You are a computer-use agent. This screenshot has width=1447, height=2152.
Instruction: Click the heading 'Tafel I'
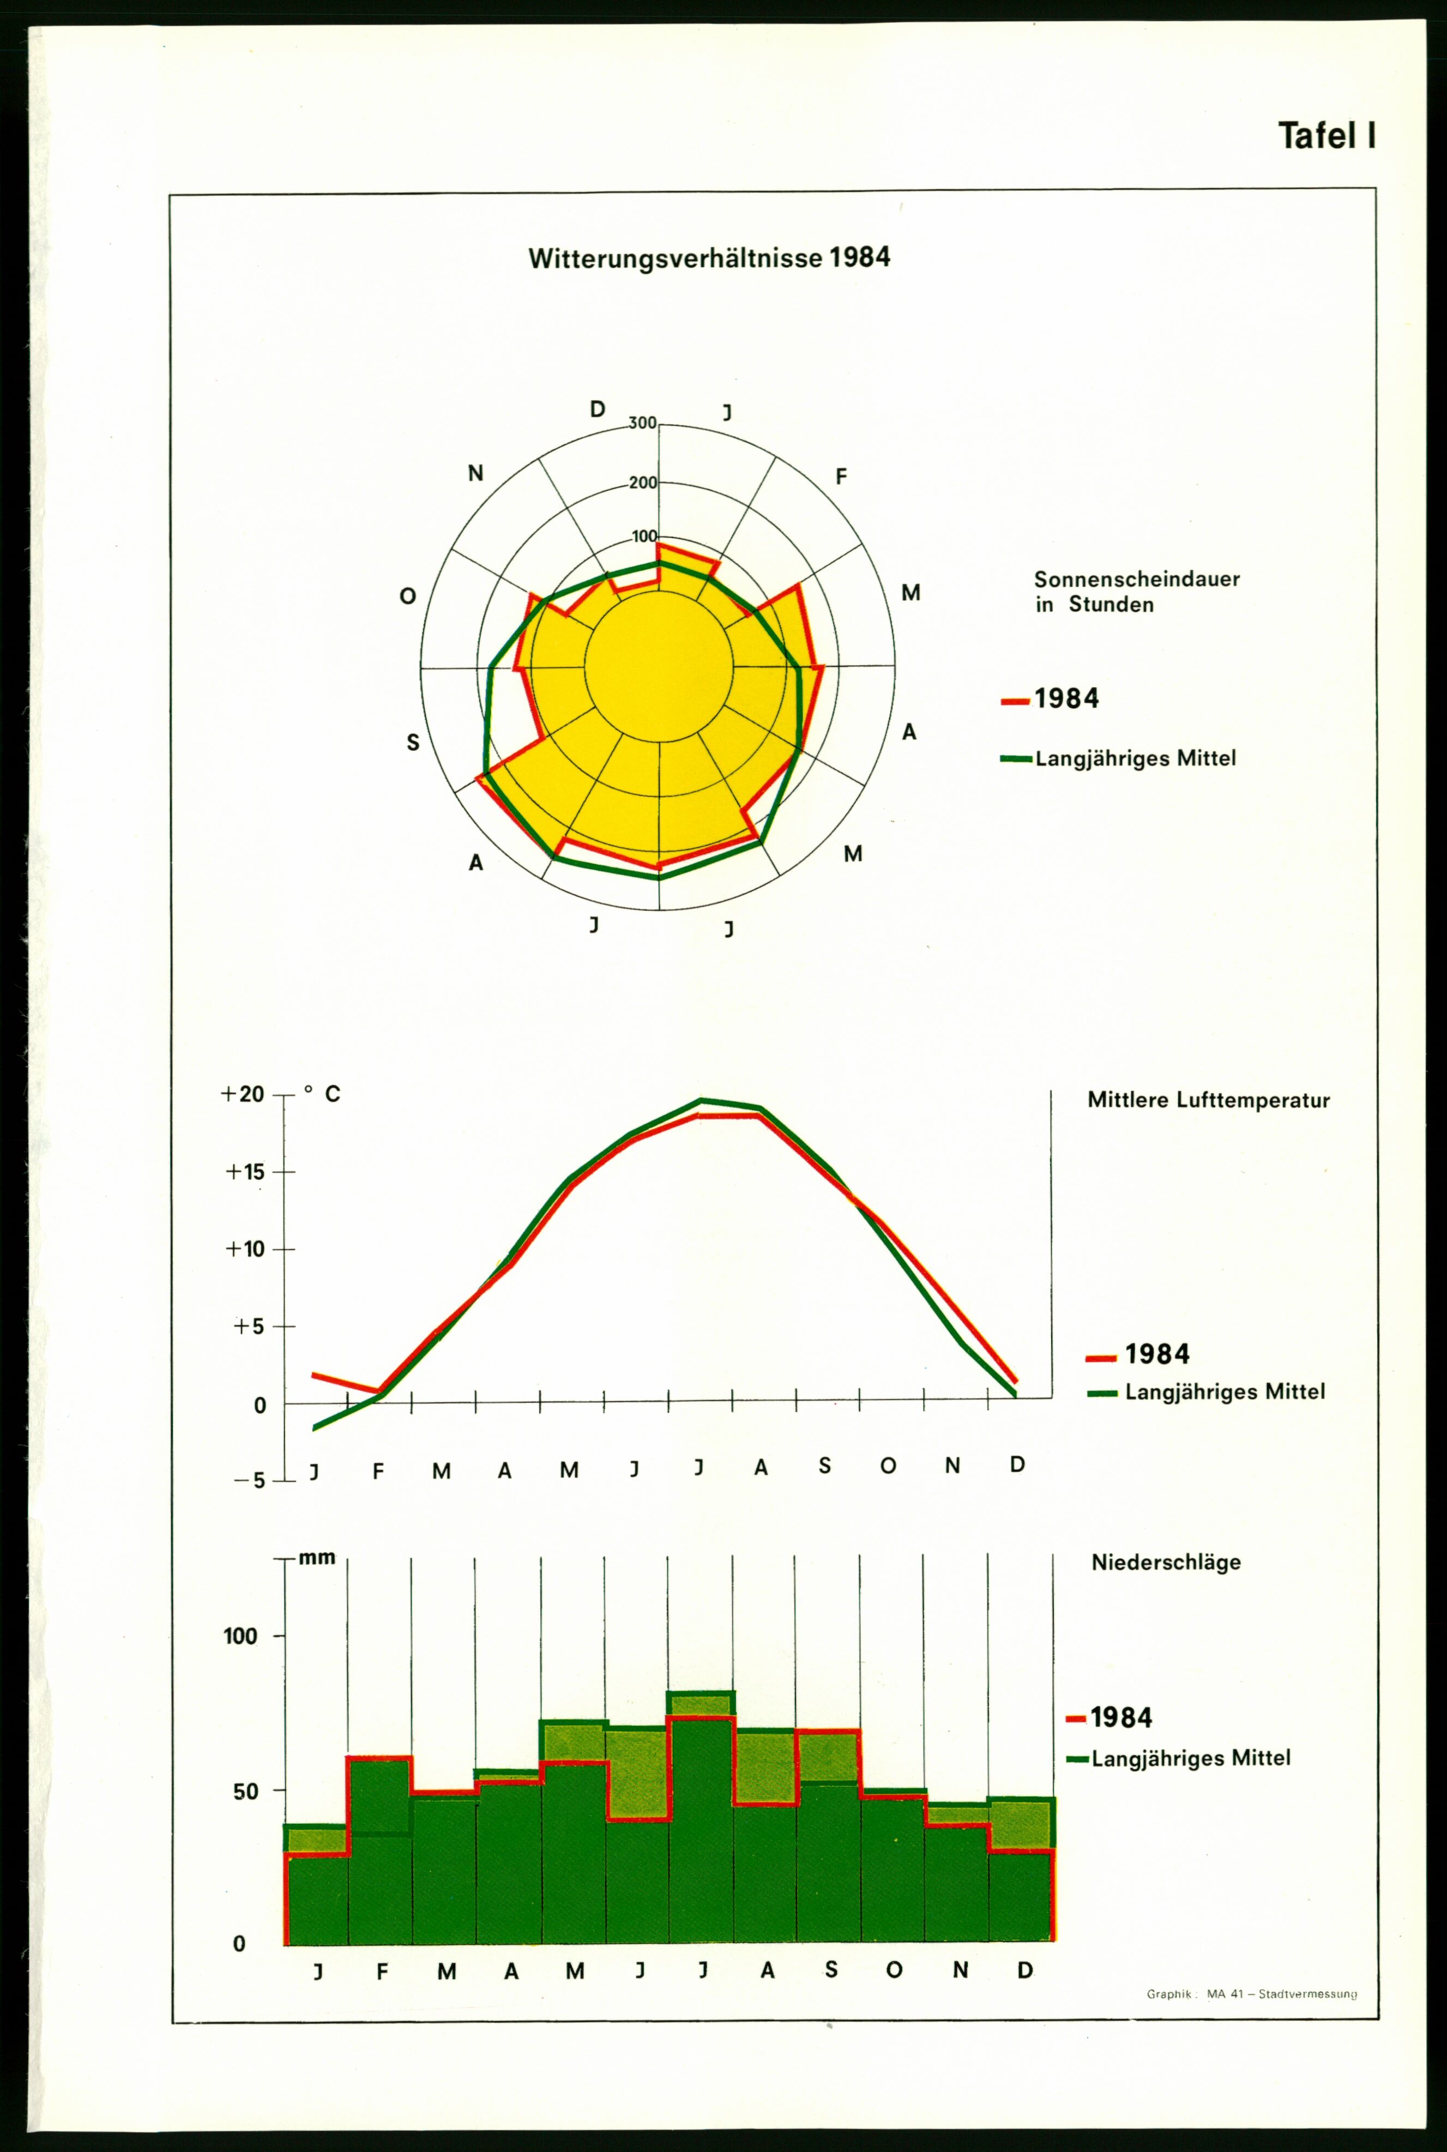(1326, 136)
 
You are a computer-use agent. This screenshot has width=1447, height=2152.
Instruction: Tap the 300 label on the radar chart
(642, 424)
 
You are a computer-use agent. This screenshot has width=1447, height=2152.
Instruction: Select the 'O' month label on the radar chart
(407, 596)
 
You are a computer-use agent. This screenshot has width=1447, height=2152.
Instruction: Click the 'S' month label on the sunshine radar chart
(413, 742)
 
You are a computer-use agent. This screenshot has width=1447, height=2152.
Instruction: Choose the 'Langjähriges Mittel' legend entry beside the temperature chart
(1207, 1391)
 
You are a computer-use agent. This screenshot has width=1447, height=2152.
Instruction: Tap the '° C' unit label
(323, 1094)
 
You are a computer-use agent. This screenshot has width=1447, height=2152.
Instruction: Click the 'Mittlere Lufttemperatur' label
(1208, 1100)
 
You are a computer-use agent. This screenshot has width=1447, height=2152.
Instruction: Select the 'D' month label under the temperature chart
(1017, 1464)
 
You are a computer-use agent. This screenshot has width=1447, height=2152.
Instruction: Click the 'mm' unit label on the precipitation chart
(317, 1558)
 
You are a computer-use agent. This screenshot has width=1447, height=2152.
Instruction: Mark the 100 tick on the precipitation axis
(240, 1636)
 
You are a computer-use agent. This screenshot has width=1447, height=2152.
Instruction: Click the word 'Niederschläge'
(1166, 1562)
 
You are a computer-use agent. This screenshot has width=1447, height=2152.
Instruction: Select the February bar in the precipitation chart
(379, 1846)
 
